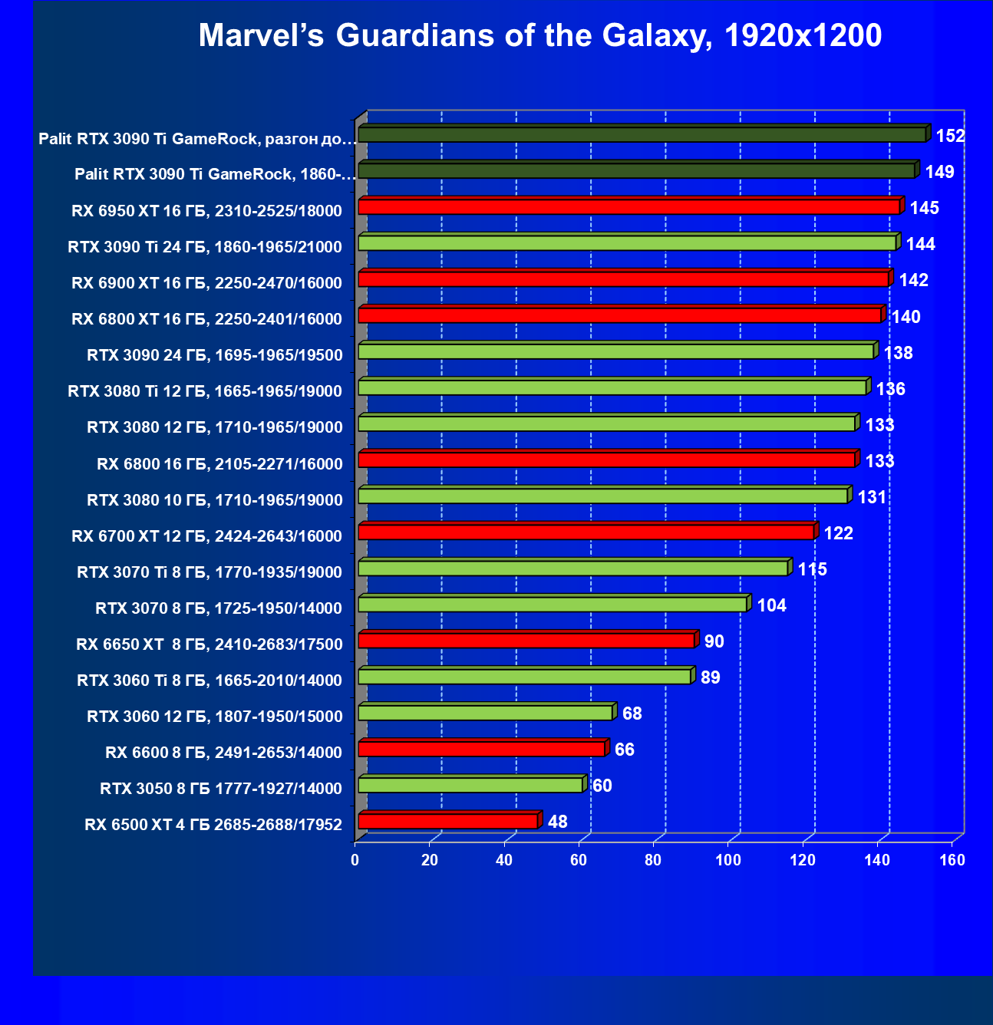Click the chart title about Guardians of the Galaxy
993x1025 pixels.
coord(540,35)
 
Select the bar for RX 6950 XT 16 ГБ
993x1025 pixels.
coord(628,207)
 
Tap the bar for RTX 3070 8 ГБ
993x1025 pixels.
coord(553,605)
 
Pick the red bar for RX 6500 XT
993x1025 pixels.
coord(448,822)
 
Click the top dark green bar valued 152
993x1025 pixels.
coord(642,135)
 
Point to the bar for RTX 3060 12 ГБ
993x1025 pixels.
coord(485,713)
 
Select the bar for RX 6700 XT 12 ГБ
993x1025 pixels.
coord(586,532)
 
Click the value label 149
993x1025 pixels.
coord(939,172)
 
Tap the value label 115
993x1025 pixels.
coord(812,569)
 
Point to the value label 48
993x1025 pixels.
coord(557,822)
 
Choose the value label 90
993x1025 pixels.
coord(714,641)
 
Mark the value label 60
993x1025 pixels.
coord(602,786)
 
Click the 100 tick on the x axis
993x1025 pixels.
coord(728,860)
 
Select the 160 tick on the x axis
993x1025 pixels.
coord(952,860)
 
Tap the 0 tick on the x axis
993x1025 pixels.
coord(355,860)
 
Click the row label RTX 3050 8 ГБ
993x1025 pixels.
coord(220,789)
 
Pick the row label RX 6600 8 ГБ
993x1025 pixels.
coord(223,753)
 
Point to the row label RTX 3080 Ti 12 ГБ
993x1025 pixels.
coord(205,391)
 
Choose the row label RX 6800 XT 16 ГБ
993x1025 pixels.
coord(206,319)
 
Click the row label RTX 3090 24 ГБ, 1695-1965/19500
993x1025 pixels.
coord(215,355)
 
